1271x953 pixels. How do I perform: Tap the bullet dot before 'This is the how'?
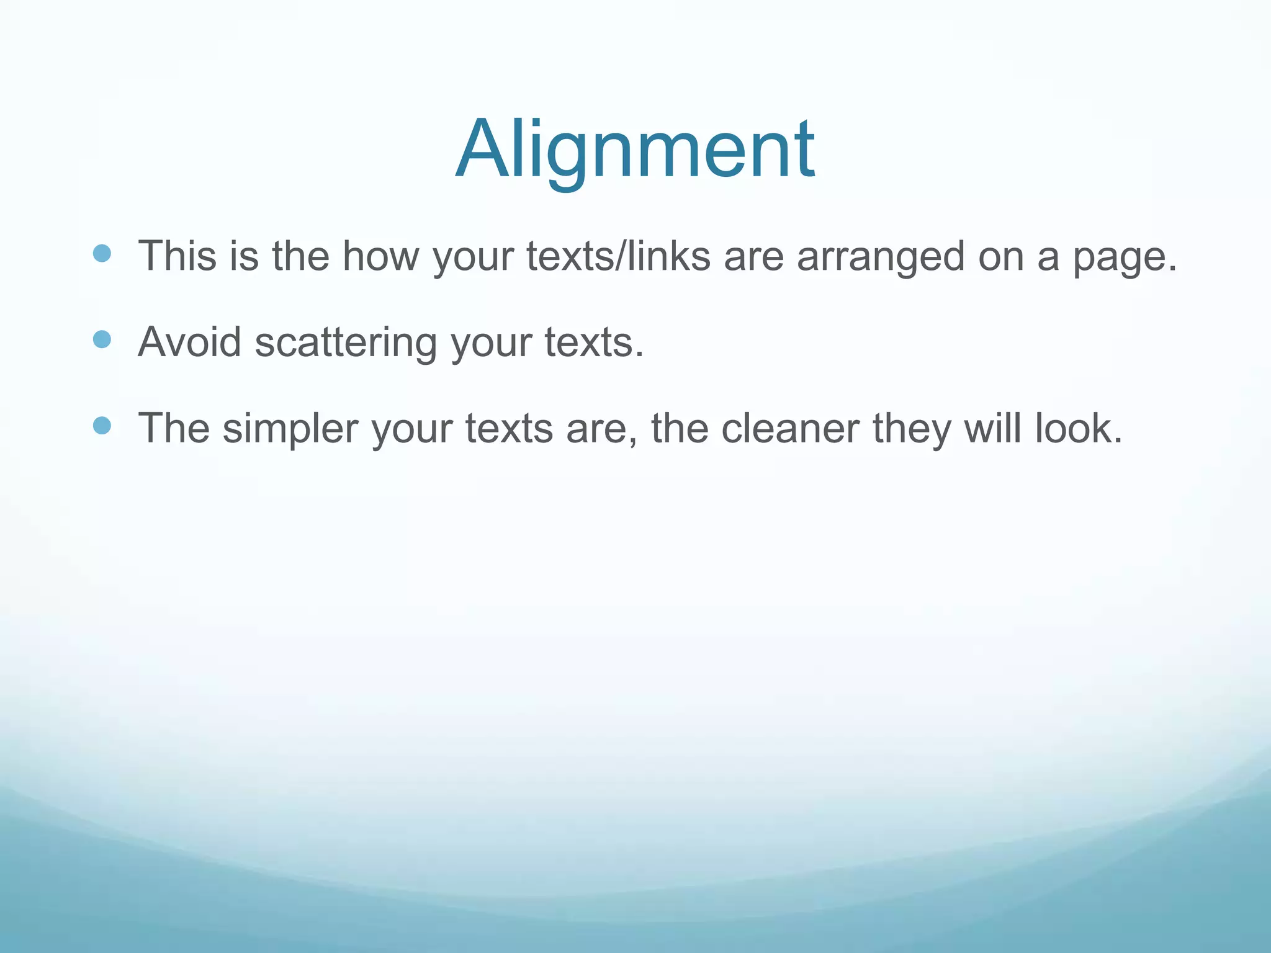(x=102, y=253)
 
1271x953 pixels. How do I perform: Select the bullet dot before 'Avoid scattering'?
(x=102, y=339)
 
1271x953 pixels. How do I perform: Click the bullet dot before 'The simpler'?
(x=102, y=426)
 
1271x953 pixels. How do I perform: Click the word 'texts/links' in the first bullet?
(x=618, y=256)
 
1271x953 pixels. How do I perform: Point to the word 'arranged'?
(x=881, y=257)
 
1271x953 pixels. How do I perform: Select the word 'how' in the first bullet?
(x=381, y=256)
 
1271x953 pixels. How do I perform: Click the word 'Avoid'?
(x=189, y=342)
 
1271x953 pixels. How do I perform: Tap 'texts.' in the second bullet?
(x=595, y=342)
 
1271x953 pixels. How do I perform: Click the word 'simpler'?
(x=290, y=429)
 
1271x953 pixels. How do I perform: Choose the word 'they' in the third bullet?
(x=911, y=429)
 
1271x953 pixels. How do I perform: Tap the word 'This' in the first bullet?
(x=177, y=256)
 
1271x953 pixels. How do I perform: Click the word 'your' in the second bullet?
(x=490, y=343)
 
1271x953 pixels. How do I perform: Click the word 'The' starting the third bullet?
(x=173, y=428)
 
